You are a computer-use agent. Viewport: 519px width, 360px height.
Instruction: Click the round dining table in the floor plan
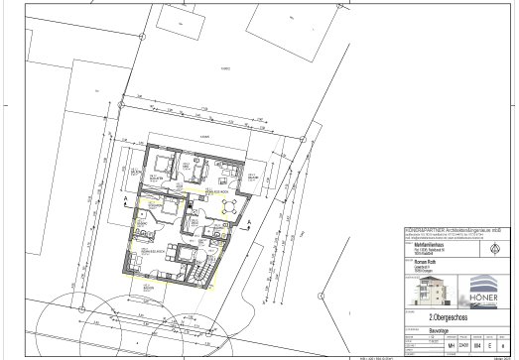point(230,206)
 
